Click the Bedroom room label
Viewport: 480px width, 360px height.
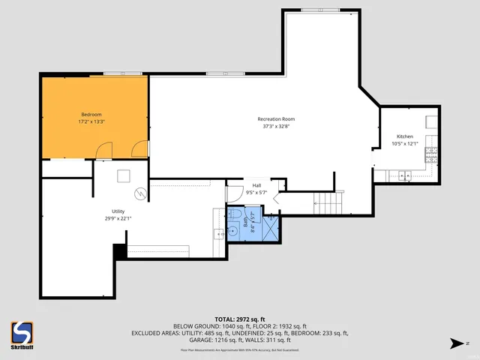91,113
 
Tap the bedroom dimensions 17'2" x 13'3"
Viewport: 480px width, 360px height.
91,121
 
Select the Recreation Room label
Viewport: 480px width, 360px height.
276,119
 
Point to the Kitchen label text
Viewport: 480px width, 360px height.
404,136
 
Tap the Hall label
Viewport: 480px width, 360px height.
256,185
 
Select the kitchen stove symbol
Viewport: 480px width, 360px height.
431,154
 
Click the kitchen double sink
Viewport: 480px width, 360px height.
404,176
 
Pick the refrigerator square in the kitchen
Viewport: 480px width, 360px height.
432,121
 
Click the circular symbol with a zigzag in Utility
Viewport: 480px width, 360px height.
139,194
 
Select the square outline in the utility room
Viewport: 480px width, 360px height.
123,176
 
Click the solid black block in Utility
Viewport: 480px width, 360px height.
119,252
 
